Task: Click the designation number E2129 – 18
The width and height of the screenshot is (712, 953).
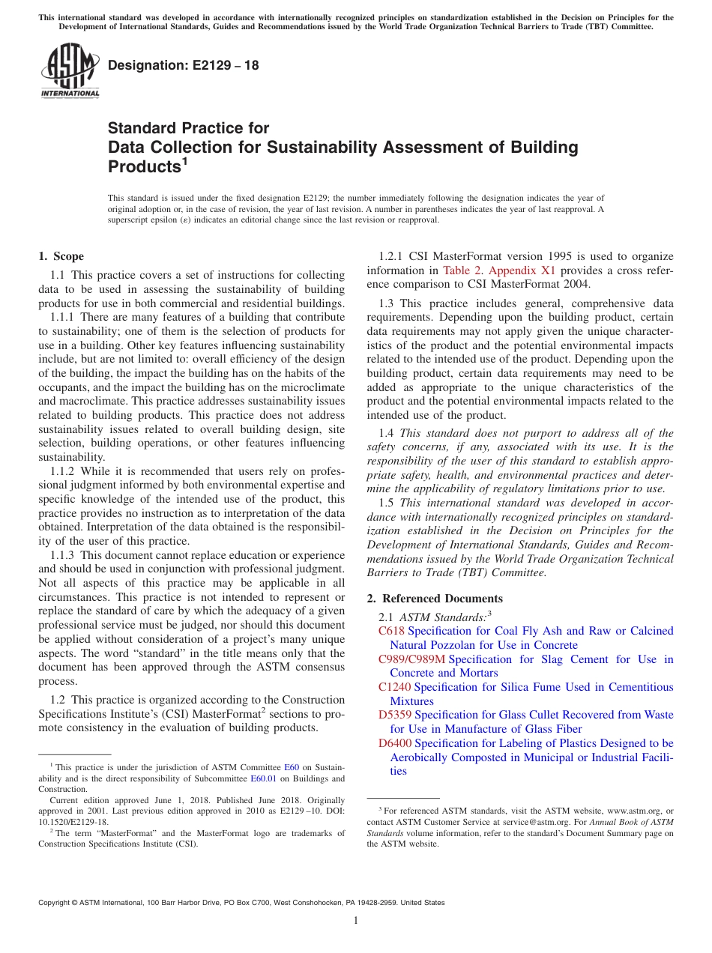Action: coord(184,65)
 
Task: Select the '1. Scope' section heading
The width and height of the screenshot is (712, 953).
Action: coord(61,256)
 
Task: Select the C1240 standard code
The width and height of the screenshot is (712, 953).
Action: coord(394,687)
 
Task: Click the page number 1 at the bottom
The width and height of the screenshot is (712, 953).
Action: coord(356,920)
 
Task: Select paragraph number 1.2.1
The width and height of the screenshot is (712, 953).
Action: coord(386,256)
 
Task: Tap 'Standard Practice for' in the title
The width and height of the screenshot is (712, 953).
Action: coord(188,128)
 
